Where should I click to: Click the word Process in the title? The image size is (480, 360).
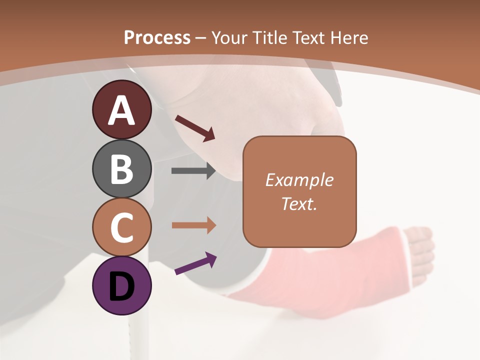157,37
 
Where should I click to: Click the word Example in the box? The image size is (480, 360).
299,180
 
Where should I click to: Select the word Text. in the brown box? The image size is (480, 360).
299,203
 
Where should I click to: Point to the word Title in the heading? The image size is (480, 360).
269,37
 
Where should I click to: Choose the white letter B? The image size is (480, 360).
121,169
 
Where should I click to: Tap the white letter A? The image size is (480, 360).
121,110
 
